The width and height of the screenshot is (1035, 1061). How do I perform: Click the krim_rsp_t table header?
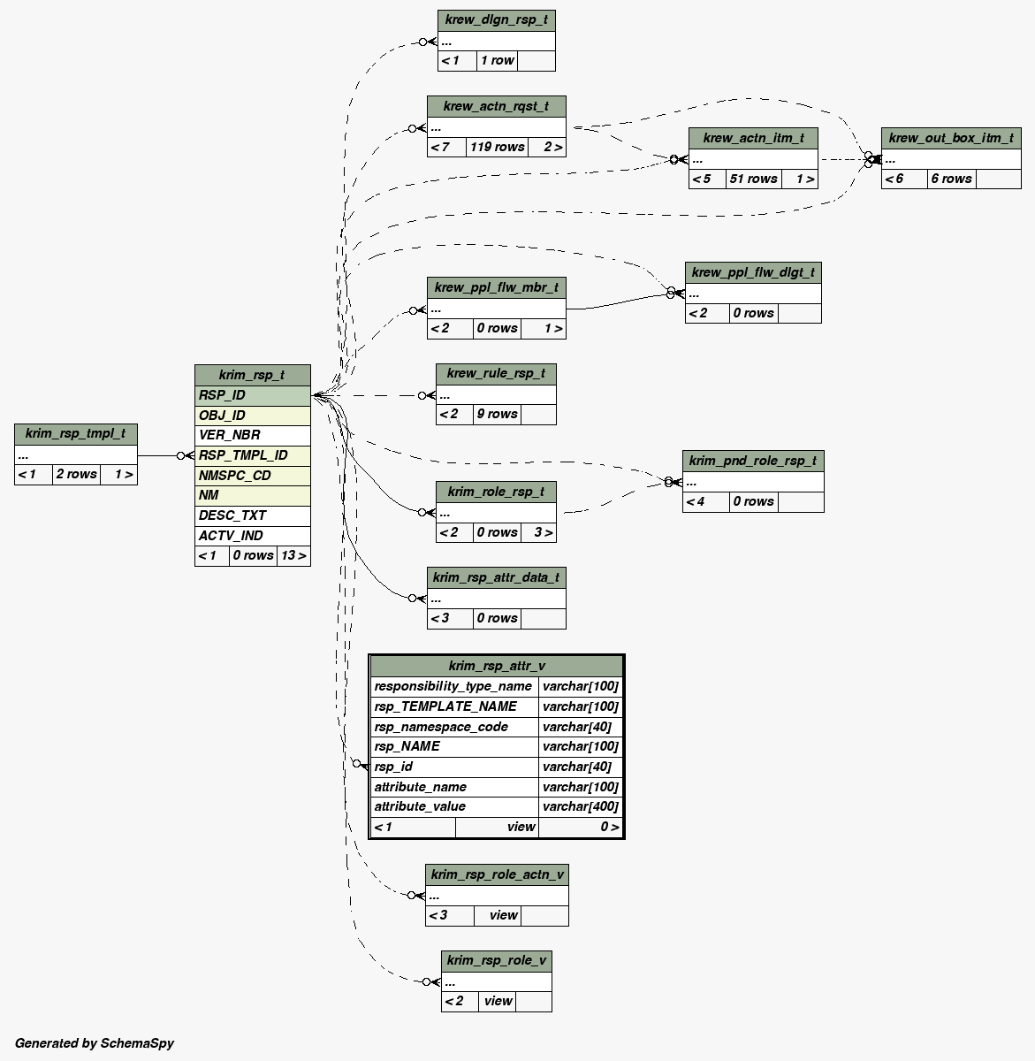click(x=252, y=375)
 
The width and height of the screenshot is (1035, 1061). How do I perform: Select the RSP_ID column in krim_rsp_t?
click(x=252, y=395)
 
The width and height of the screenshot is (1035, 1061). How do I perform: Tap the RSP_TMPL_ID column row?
click(x=252, y=455)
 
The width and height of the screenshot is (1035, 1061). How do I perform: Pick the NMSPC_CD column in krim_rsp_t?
click(x=252, y=476)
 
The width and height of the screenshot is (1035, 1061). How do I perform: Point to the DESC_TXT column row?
click(x=252, y=515)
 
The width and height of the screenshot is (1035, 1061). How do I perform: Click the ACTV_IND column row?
click(x=252, y=536)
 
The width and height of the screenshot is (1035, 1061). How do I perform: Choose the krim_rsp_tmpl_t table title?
click(x=75, y=433)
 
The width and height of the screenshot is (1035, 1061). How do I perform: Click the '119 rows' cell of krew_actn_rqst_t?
click(x=497, y=147)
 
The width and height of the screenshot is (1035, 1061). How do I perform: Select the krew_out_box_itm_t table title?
click(x=951, y=138)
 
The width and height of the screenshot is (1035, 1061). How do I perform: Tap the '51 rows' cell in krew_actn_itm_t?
click(x=753, y=179)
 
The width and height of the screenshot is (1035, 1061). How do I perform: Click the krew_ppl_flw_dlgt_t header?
click(x=753, y=272)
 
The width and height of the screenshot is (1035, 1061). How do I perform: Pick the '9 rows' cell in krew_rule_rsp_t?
click(x=496, y=414)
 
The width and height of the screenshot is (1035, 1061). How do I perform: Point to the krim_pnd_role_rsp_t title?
click(x=753, y=461)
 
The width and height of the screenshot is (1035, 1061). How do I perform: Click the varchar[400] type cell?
click(x=581, y=806)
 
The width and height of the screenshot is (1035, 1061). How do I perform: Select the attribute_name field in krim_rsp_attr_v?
click(x=454, y=787)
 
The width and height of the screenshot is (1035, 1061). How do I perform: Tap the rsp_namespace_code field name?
click(x=454, y=727)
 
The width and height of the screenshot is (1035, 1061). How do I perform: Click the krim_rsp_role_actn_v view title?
click(x=497, y=874)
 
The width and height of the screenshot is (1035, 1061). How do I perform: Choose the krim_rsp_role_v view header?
click(x=497, y=960)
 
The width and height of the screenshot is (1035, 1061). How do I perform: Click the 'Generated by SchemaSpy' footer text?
click(x=95, y=1043)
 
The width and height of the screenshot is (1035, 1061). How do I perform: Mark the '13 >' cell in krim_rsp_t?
click(x=293, y=555)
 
